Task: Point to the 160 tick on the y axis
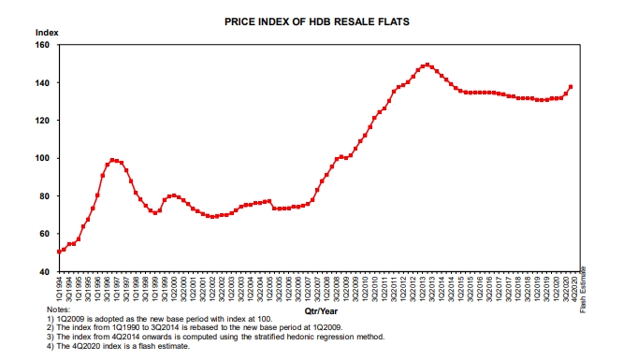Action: click(43, 45)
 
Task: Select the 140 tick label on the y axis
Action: click(43, 83)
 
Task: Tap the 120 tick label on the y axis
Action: click(43, 121)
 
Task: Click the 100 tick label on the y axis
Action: click(43, 158)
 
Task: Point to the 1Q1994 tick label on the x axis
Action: click(60, 287)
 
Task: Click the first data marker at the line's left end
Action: click(59, 251)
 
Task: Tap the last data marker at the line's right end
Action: click(571, 87)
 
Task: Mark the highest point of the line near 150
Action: click(427, 65)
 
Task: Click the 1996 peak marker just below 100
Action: click(112, 160)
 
